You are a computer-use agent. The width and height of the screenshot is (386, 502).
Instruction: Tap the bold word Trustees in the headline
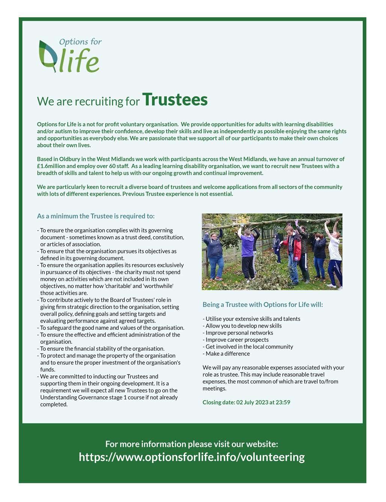[x=175, y=100]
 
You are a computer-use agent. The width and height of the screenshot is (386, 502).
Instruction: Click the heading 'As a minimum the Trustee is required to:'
[x=96, y=216]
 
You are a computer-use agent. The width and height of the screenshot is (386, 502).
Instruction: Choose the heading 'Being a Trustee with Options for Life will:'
[x=262, y=304]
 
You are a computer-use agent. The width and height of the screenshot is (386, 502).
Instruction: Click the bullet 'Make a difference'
[x=227, y=354]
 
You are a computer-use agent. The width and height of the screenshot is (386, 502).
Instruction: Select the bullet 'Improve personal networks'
[x=239, y=333]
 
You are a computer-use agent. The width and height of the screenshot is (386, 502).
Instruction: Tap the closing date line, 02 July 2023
[x=246, y=402]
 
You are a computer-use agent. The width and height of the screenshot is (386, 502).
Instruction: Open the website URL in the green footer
[x=191, y=457]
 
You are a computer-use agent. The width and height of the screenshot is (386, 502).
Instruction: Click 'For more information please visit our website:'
[x=191, y=444]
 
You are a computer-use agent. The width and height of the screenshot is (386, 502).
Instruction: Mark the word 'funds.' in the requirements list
[x=48, y=369]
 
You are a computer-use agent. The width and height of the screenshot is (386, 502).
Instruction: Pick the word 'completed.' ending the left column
[x=54, y=404]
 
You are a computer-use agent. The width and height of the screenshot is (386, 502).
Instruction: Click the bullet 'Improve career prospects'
[x=237, y=340]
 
